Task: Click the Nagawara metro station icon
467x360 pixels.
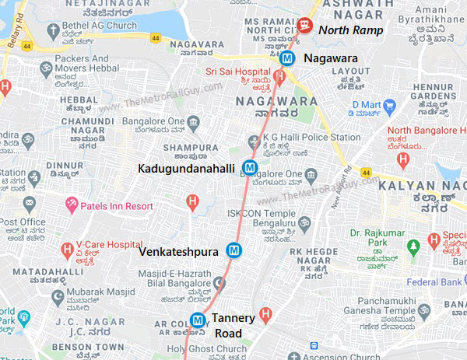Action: [x=287, y=57]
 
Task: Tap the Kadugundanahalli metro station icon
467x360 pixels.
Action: [x=249, y=166]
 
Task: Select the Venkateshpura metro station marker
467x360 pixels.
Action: [x=233, y=250]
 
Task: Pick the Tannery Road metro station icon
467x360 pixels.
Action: [x=198, y=319]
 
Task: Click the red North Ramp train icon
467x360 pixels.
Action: [x=304, y=26]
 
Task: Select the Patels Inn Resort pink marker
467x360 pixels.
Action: [x=72, y=206]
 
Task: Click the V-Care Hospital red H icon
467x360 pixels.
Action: [x=67, y=250]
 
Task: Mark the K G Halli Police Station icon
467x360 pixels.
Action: [x=252, y=142]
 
